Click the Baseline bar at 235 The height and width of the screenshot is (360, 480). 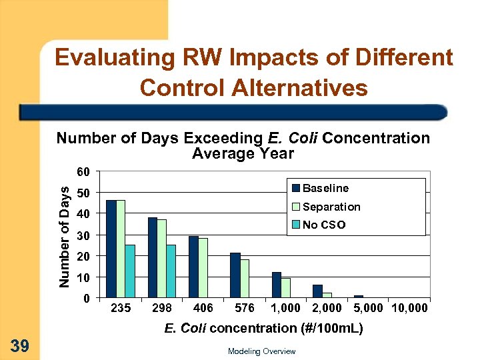click(111, 249)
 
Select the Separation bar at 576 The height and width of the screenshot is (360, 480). click(245, 278)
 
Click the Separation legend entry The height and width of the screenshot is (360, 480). click(331, 207)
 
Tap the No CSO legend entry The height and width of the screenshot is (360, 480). click(323, 225)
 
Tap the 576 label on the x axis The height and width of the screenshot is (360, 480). click(245, 309)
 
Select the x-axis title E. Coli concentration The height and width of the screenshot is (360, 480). click(263, 328)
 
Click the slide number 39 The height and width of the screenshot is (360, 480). click(19, 345)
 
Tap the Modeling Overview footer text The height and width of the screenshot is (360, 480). click(261, 351)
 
